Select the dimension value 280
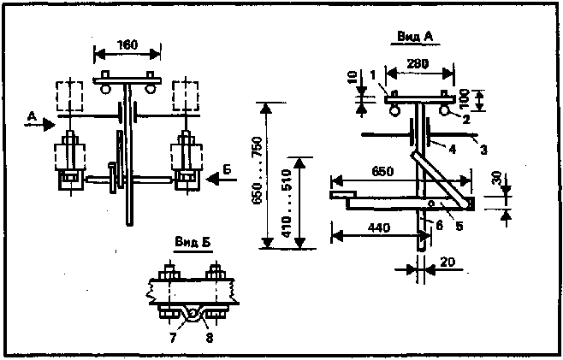pos(418,62)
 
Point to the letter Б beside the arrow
pos(227,170)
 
